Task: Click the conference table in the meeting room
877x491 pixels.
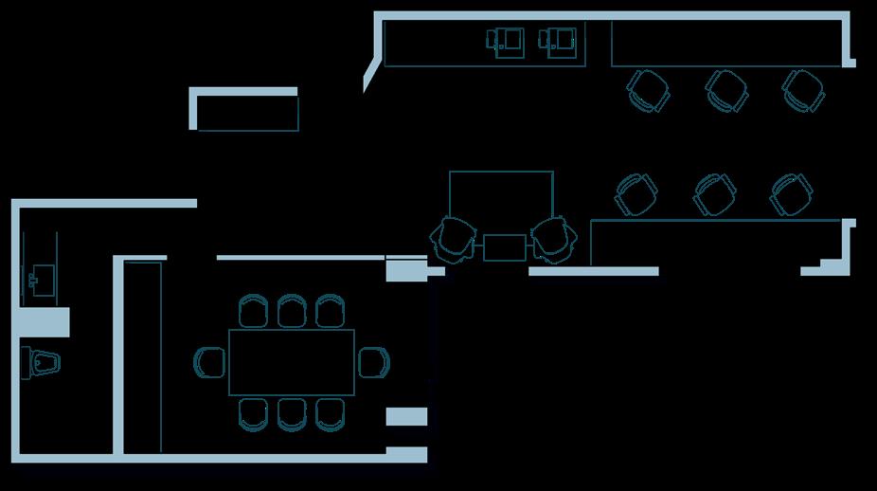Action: tap(292, 361)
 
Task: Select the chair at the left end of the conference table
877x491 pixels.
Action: tap(210, 361)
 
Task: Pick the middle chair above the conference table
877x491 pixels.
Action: tap(292, 311)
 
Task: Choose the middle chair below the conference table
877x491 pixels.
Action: tap(292, 413)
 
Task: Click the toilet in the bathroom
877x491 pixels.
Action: tap(42, 361)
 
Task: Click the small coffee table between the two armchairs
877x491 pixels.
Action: tap(503, 246)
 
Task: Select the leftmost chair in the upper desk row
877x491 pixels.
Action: tap(649, 90)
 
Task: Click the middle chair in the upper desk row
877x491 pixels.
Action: tap(726, 90)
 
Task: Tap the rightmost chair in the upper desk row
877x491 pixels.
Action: tap(803, 90)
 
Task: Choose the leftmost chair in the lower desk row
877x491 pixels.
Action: tap(635, 194)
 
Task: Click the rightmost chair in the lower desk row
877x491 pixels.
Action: tap(791, 194)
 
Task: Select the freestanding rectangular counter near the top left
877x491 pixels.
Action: tap(245, 111)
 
